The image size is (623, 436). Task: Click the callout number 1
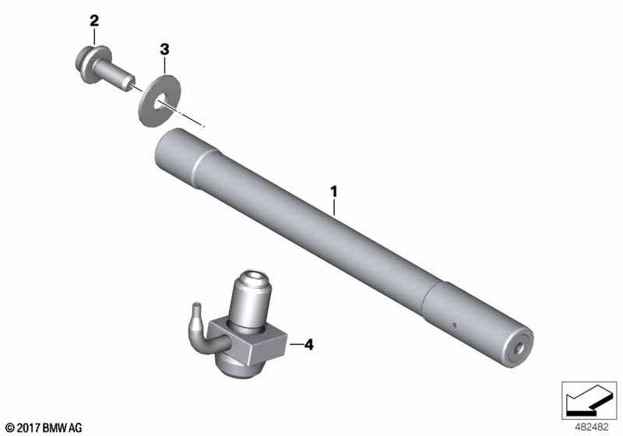pyautogui.click(x=334, y=192)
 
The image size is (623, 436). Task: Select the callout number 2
pyautogui.click(x=94, y=21)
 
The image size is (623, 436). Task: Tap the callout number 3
pyautogui.click(x=164, y=50)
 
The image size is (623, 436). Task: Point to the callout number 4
pyautogui.click(x=308, y=345)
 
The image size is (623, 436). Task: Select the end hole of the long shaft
pyautogui.click(x=519, y=348)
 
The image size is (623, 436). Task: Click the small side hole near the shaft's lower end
pyautogui.click(x=454, y=325)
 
